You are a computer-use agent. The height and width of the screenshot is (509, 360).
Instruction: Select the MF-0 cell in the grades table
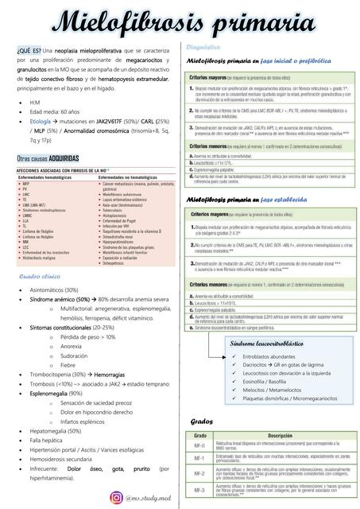200,445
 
